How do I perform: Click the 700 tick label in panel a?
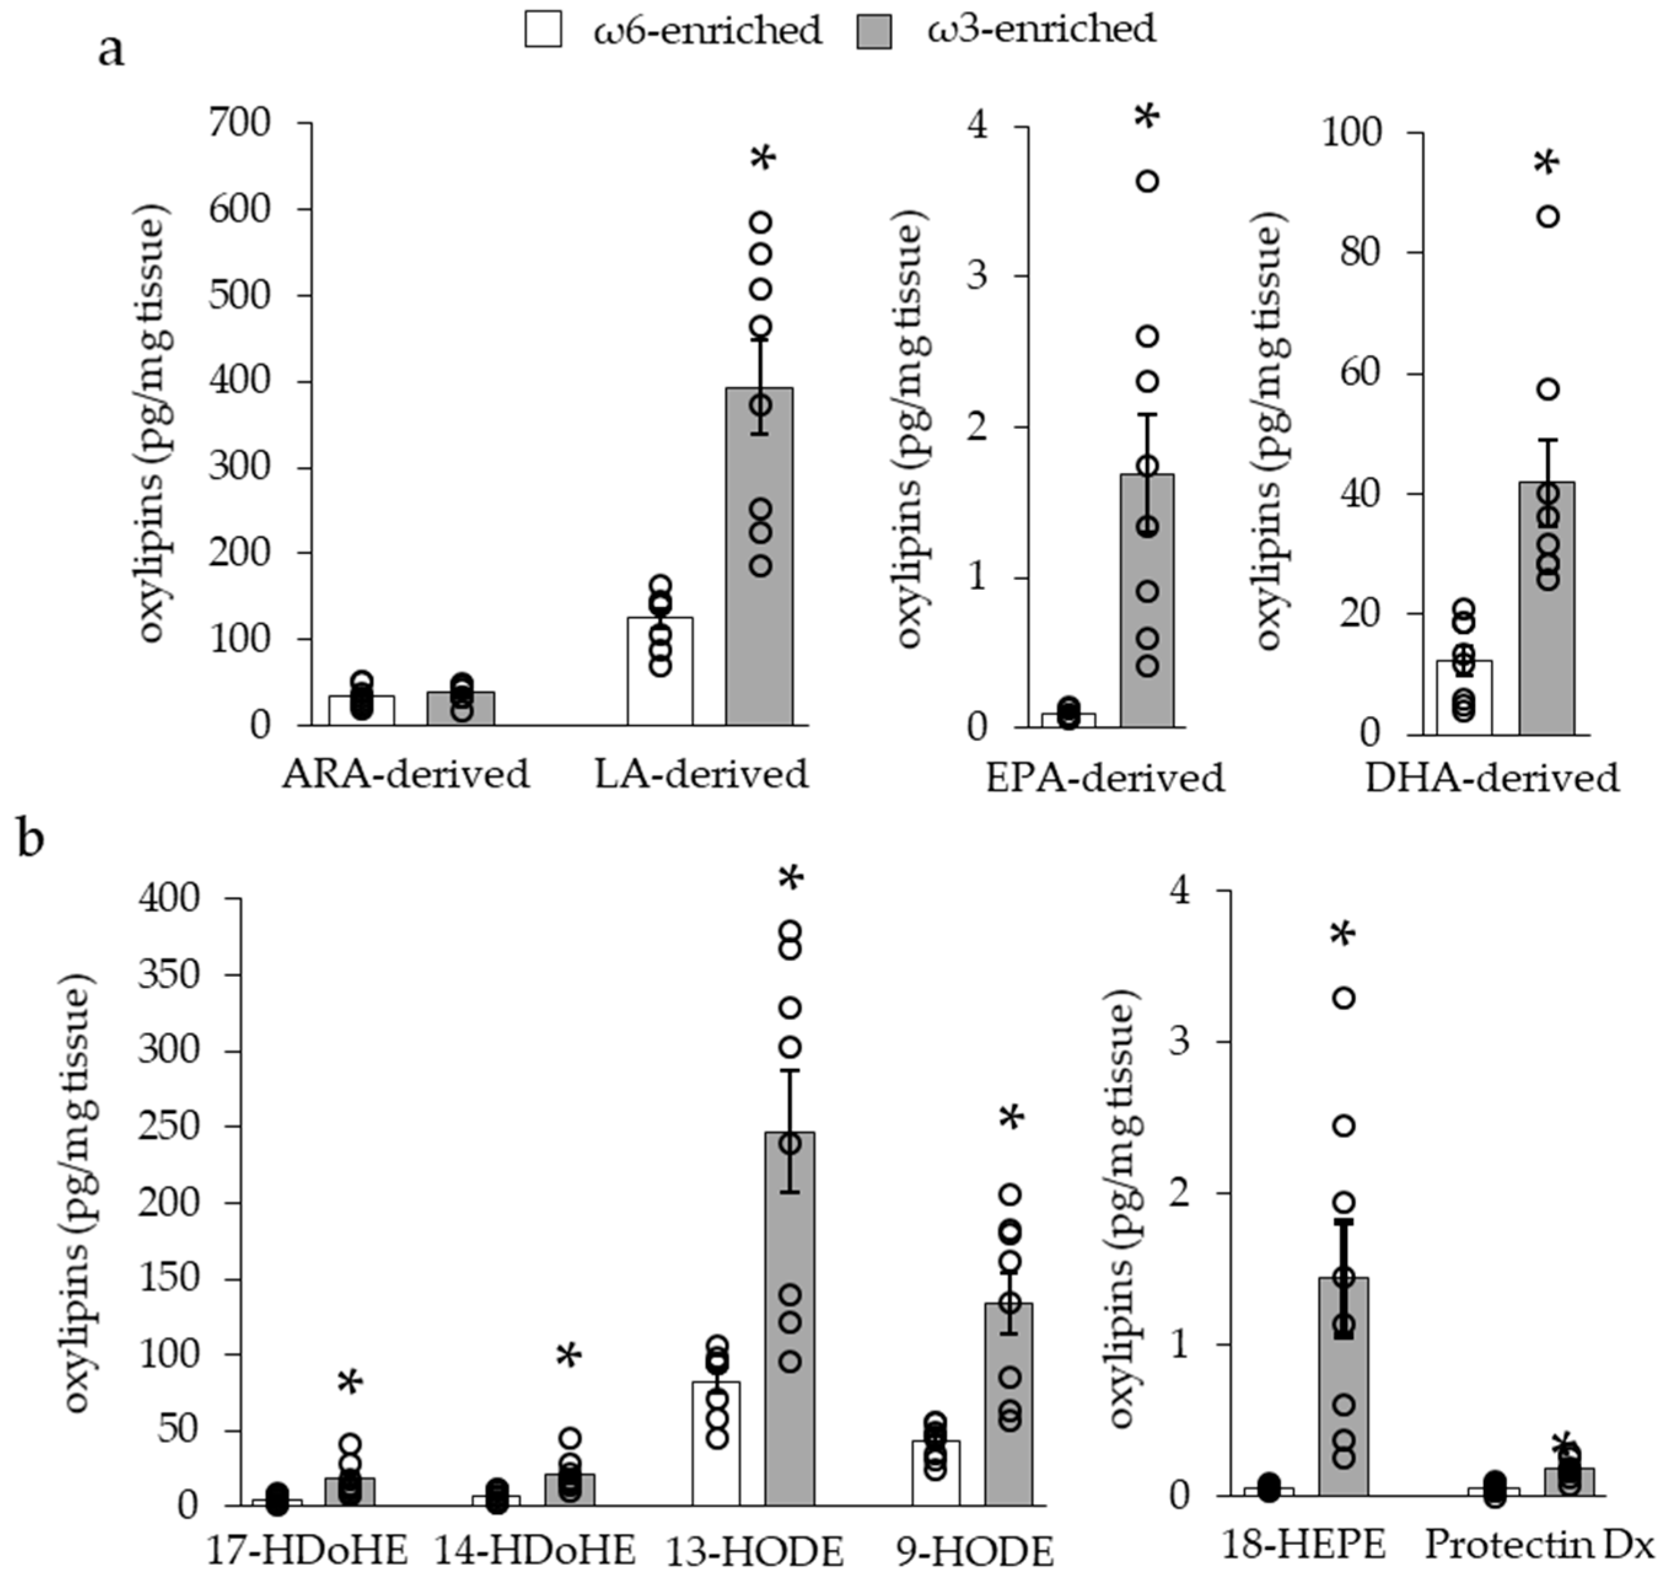pos(240,124)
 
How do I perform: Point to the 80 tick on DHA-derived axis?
pos(1361,252)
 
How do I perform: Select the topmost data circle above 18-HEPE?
pos(1344,998)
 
